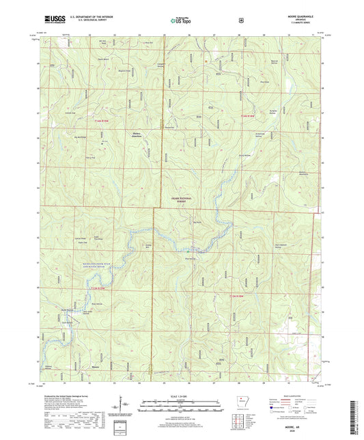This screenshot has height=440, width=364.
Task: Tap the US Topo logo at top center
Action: coord(180,20)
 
